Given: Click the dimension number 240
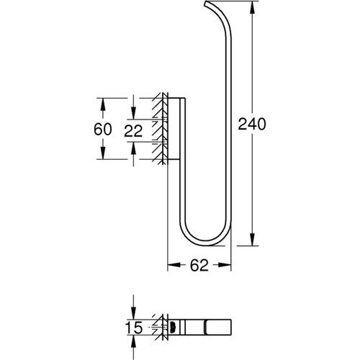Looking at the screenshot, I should pyautogui.click(x=252, y=124).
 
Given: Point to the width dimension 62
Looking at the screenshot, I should pyautogui.click(x=199, y=264).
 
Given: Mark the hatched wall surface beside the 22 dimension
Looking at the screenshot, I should pyautogui.click(x=158, y=130).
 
